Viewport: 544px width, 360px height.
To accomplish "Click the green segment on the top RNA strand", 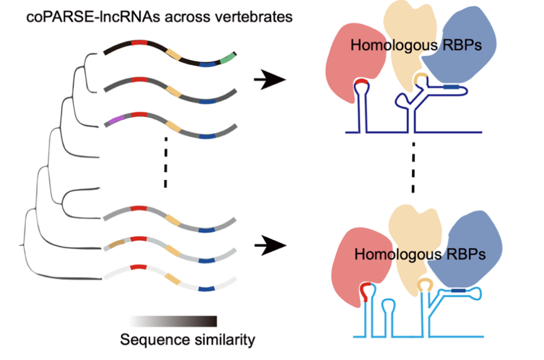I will [228, 59].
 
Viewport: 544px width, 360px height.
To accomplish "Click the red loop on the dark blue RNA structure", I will [361, 81].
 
